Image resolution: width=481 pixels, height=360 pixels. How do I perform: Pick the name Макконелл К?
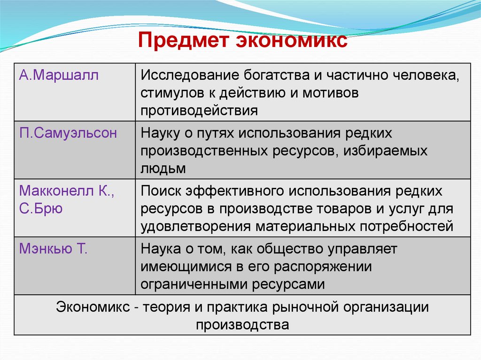coord(66,191)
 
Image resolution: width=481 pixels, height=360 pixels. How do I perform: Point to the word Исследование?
coord(190,76)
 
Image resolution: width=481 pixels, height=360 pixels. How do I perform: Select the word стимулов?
coord(171,93)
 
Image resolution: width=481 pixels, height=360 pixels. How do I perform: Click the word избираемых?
coord(388,151)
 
